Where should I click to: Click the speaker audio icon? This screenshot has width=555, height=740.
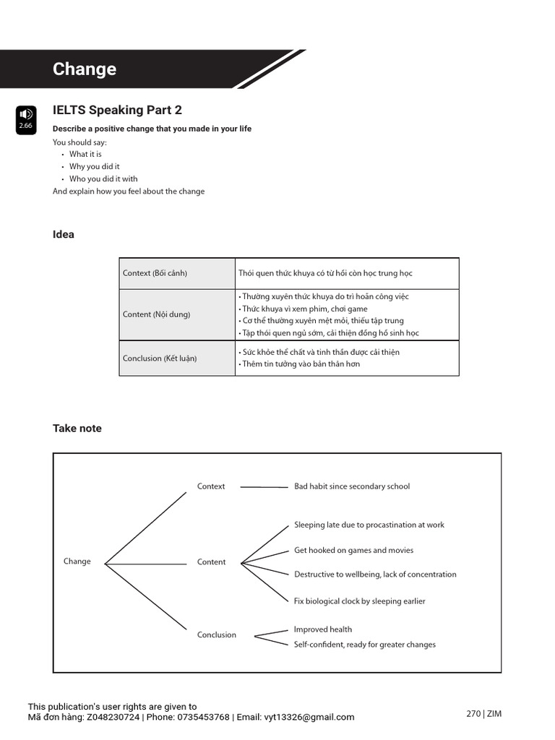point(25,114)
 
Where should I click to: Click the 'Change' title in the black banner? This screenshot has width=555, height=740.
point(84,69)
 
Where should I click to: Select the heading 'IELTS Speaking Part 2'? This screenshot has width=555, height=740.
point(117,110)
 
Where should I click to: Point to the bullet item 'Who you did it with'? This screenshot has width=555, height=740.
point(103,178)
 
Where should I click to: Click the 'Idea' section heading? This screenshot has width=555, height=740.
point(63,234)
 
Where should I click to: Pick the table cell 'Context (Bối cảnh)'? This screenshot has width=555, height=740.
point(155,273)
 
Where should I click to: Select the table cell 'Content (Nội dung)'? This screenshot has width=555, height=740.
point(156,314)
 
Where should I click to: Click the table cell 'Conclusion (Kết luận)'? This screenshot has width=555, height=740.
point(159,358)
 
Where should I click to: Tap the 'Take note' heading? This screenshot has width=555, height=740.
point(77,428)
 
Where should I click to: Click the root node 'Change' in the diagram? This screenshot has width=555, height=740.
point(77,562)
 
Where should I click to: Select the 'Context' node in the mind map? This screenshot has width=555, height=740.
point(211,486)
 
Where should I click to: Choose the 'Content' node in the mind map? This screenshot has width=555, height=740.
point(211,562)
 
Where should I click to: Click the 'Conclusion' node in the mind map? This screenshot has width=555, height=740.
point(217,634)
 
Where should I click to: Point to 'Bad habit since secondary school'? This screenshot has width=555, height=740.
point(351,486)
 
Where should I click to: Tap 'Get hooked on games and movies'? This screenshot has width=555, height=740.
point(353,550)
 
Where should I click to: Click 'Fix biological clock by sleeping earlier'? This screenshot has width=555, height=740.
point(359,601)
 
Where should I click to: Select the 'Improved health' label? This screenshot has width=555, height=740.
point(322,629)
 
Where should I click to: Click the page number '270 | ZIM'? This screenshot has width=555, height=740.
point(483,713)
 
